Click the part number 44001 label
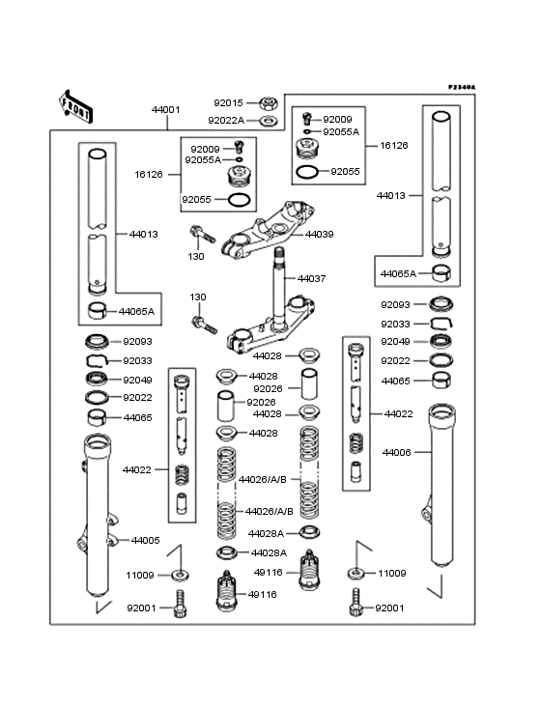165,110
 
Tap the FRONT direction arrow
77,105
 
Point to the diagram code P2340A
462,87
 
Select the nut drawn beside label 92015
268,102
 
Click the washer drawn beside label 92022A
268,121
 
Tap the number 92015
229,102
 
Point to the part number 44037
312,278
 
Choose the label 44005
145,540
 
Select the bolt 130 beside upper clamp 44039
199,233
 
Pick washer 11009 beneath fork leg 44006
356,574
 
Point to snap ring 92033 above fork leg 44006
440,324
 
